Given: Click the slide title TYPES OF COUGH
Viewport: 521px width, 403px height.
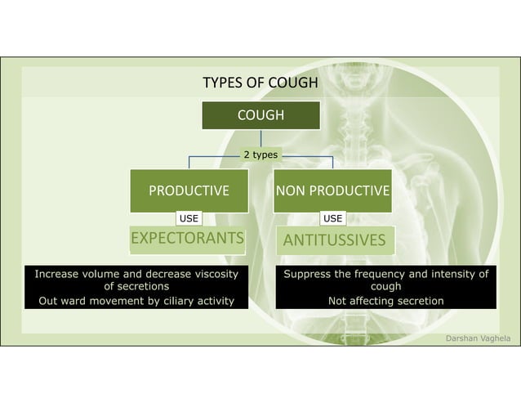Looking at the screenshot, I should click(260, 83).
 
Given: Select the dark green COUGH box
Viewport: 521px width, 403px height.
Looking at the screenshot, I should click(260, 115).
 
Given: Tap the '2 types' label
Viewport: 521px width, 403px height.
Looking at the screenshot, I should click(260, 154).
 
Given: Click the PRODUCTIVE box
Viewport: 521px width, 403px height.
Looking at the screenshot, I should click(189, 191).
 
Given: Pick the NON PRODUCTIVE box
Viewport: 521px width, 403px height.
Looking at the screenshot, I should click(332, 191).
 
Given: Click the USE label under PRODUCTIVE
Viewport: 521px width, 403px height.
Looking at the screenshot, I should click(189, 218).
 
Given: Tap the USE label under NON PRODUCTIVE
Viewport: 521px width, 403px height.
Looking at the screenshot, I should click(332, 218).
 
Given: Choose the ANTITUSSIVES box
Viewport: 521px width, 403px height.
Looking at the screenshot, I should click(332, 240).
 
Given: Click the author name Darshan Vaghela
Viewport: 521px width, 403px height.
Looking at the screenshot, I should click(476, 337).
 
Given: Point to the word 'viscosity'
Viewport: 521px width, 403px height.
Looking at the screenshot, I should click(215, 274).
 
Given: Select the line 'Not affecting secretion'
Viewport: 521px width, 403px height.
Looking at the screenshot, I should click(385, 301).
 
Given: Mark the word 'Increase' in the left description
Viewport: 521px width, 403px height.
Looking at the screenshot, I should click(59, 274).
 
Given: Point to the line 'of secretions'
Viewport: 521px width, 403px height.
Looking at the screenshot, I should click(136, 287).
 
